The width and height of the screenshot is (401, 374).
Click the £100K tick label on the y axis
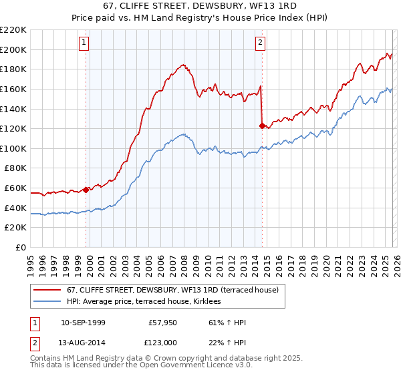coord(13,148)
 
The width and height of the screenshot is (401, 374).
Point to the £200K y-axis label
coord(13,49)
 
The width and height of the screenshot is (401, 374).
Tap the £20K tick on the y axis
coord(15,228)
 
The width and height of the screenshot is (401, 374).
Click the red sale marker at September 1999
coord(86,190)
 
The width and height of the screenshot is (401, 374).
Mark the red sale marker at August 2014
coord(261,125)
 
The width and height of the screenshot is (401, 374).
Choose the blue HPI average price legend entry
coord(148,301)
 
